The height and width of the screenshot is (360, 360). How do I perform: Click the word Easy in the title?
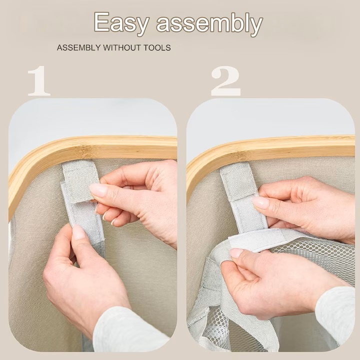[x=121, y=23]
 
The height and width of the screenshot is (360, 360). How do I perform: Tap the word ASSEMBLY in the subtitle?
[x=79, y=48]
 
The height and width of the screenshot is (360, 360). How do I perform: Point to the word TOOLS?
[x=157, y=48]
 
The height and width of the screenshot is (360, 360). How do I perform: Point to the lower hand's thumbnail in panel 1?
[x=79, y=232]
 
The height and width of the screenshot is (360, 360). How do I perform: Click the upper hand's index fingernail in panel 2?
[x=261, y=202]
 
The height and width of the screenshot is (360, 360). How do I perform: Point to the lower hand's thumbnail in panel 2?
[x=236, y=253]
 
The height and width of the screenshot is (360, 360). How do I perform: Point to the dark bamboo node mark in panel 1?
[x=85, y=150]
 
